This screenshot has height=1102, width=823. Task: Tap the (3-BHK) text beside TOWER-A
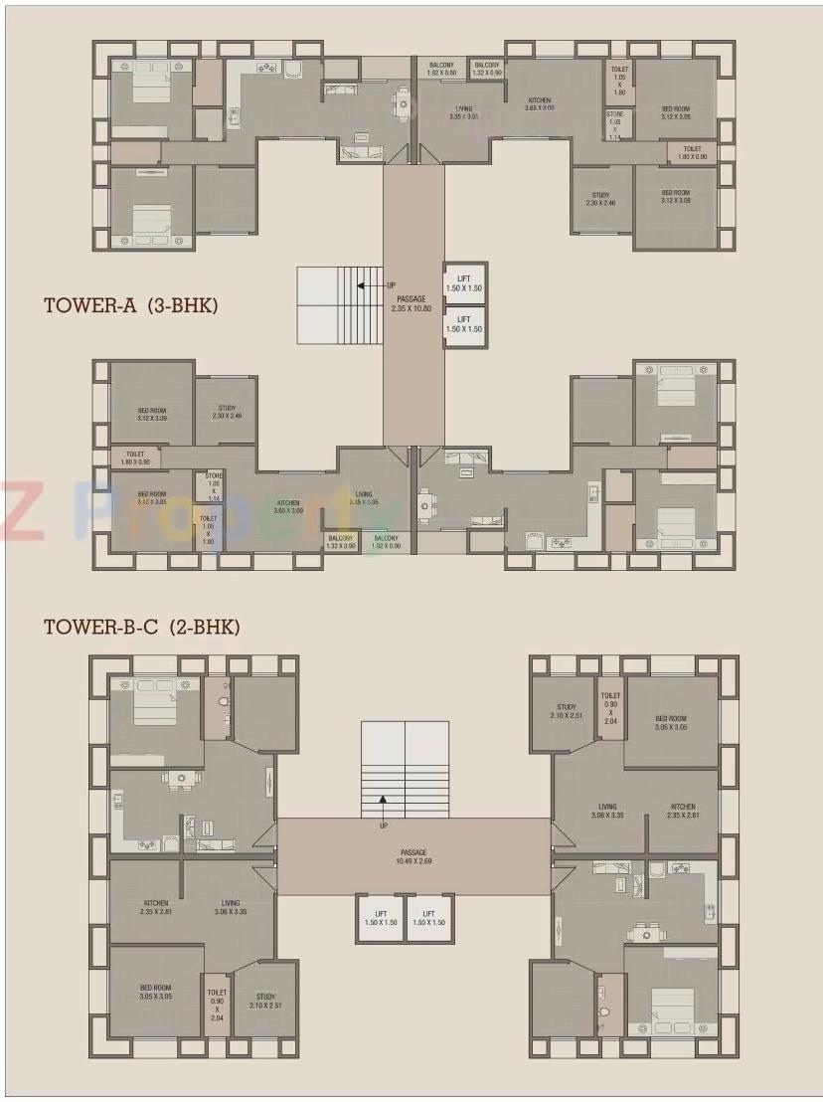point(182,305)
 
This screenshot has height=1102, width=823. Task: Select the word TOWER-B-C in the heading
point(101,628)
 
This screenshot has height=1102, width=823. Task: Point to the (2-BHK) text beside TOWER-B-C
point(205,628)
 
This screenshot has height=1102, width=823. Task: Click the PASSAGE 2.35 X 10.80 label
point(411,303)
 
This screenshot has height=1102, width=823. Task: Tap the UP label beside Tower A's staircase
point(391,285)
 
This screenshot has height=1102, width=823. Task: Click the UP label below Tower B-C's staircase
point(383,825)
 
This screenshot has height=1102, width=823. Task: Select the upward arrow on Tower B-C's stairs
point(382,802)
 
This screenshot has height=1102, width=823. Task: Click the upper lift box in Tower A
point(464,283)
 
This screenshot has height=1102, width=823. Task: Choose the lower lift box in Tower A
point(464,325)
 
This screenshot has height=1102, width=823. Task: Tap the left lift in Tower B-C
point(379,918)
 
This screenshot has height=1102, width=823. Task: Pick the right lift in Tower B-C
point(429,918)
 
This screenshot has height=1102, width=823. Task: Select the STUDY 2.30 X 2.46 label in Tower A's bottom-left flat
point(227,411)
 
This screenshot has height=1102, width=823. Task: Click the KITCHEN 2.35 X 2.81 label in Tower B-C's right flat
point(682,812)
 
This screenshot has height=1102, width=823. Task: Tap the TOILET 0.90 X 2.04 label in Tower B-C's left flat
point(217,1005)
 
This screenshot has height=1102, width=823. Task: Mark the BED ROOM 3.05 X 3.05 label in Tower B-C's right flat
point(671,723)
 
